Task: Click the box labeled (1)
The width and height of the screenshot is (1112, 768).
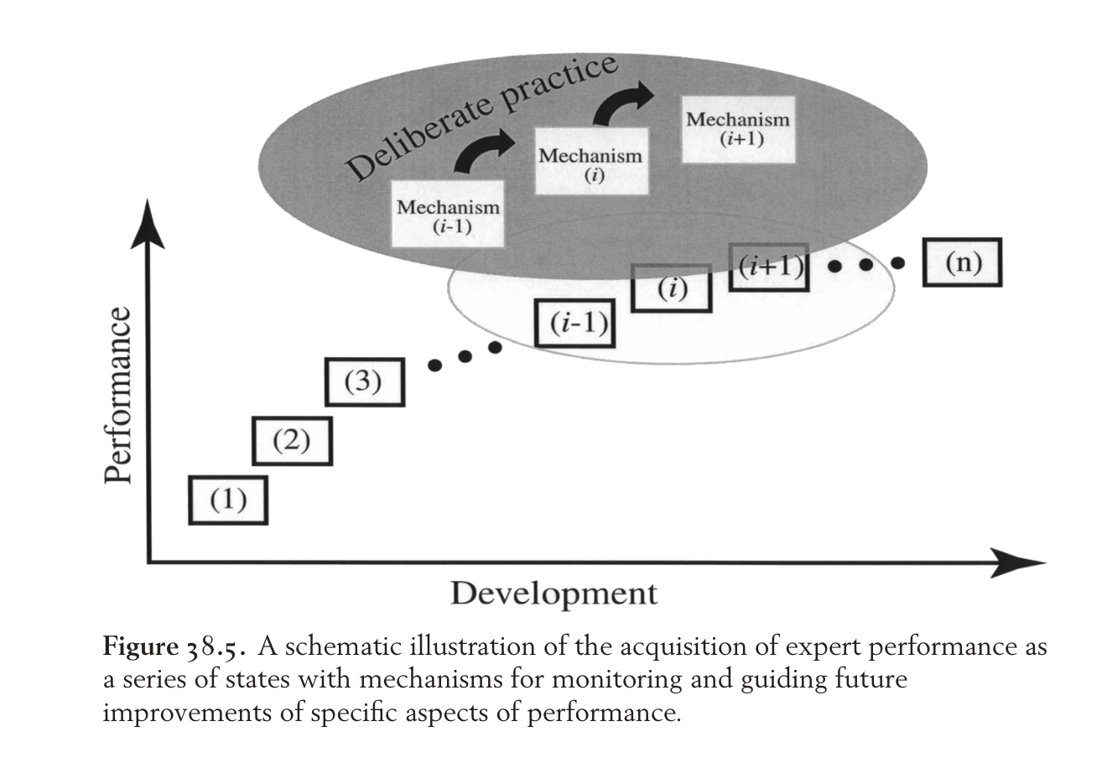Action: [228, 500]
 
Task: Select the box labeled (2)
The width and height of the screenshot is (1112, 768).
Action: [293, 441]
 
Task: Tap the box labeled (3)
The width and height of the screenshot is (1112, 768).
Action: [365, 382]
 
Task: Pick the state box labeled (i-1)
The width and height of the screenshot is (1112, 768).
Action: [574, 323]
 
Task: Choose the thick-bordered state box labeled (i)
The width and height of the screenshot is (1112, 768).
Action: [672, 288]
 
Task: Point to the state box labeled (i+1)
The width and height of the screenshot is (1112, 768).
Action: [769, 267]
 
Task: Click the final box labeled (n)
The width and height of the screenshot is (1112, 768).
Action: [963, 262]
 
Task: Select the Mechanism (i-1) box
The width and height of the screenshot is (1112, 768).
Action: [448, 214]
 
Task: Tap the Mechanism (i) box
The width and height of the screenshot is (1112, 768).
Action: [591, 161]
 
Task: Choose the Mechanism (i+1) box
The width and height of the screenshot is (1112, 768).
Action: [738, 130]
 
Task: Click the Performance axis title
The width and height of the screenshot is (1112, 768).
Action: [117, 395]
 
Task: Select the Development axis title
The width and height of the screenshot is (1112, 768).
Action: [554, 594]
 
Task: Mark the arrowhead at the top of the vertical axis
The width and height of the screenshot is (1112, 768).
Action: [148, 223]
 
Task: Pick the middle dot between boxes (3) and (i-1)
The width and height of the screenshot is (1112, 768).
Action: [465, 356]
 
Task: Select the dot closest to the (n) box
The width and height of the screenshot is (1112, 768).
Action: [897, 263]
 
